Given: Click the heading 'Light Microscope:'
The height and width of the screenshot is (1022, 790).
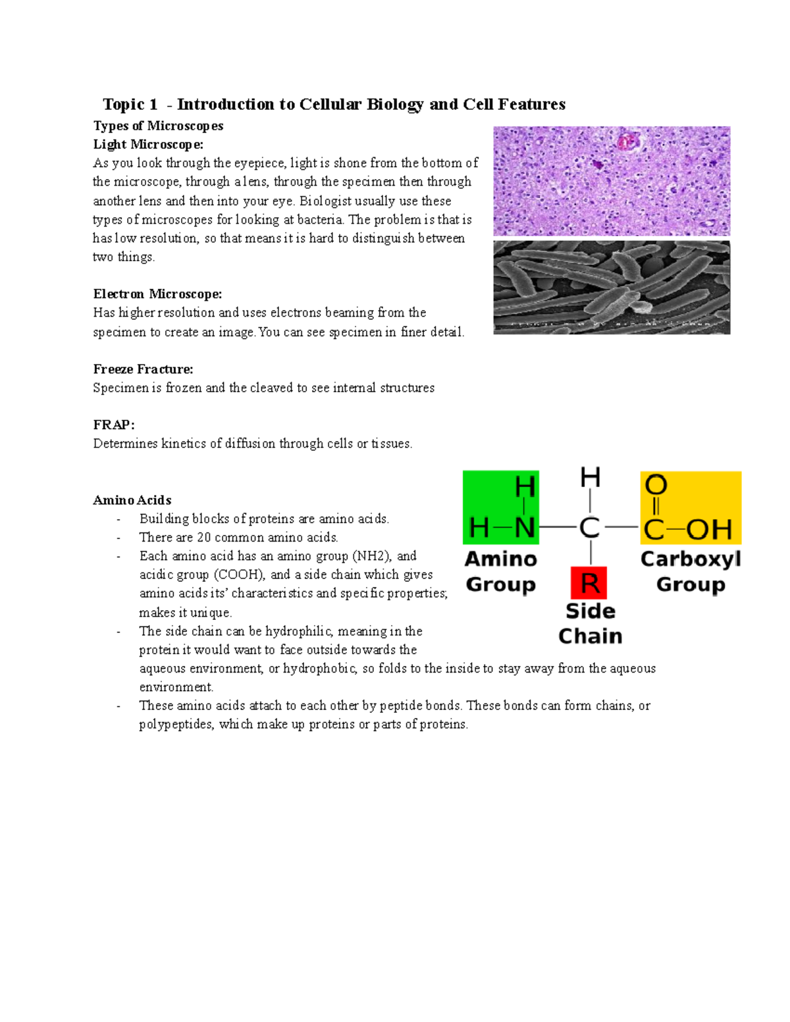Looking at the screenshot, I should [x=148, y=144].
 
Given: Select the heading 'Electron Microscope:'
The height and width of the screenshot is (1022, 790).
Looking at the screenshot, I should [x=157, y=294].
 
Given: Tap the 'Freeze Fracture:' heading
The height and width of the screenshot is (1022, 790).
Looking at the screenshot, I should [x=143, y=369].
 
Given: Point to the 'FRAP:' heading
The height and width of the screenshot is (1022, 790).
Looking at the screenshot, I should [x=113, y=424].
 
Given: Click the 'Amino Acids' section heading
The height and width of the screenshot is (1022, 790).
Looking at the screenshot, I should [x=132, y=500].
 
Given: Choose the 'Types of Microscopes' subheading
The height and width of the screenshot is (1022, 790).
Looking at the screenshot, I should [x=158, y=126].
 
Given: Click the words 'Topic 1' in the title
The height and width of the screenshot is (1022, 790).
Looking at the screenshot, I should [x=130, y=105].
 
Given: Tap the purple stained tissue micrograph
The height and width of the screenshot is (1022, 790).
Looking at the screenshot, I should [x=612, y=181].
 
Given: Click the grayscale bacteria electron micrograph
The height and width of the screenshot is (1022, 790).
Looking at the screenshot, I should [x=612, y=287].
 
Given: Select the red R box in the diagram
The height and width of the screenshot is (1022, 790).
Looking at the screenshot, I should [x=589, y=582].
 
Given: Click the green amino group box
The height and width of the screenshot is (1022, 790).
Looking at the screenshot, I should [x=501, y=507].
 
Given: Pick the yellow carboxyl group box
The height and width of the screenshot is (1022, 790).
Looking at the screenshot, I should [x=691, y=507].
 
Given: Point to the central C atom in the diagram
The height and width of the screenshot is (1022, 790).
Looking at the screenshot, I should [x=589, y=528].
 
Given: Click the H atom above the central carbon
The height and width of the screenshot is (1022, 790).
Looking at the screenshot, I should [x=590, y=477].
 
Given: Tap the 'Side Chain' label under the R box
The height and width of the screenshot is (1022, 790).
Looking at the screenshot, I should [x=590, y=623].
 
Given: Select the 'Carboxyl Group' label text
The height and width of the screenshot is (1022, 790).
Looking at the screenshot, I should [x=691, y=571].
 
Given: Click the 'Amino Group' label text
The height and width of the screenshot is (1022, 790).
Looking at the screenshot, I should [x=501, y=571].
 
